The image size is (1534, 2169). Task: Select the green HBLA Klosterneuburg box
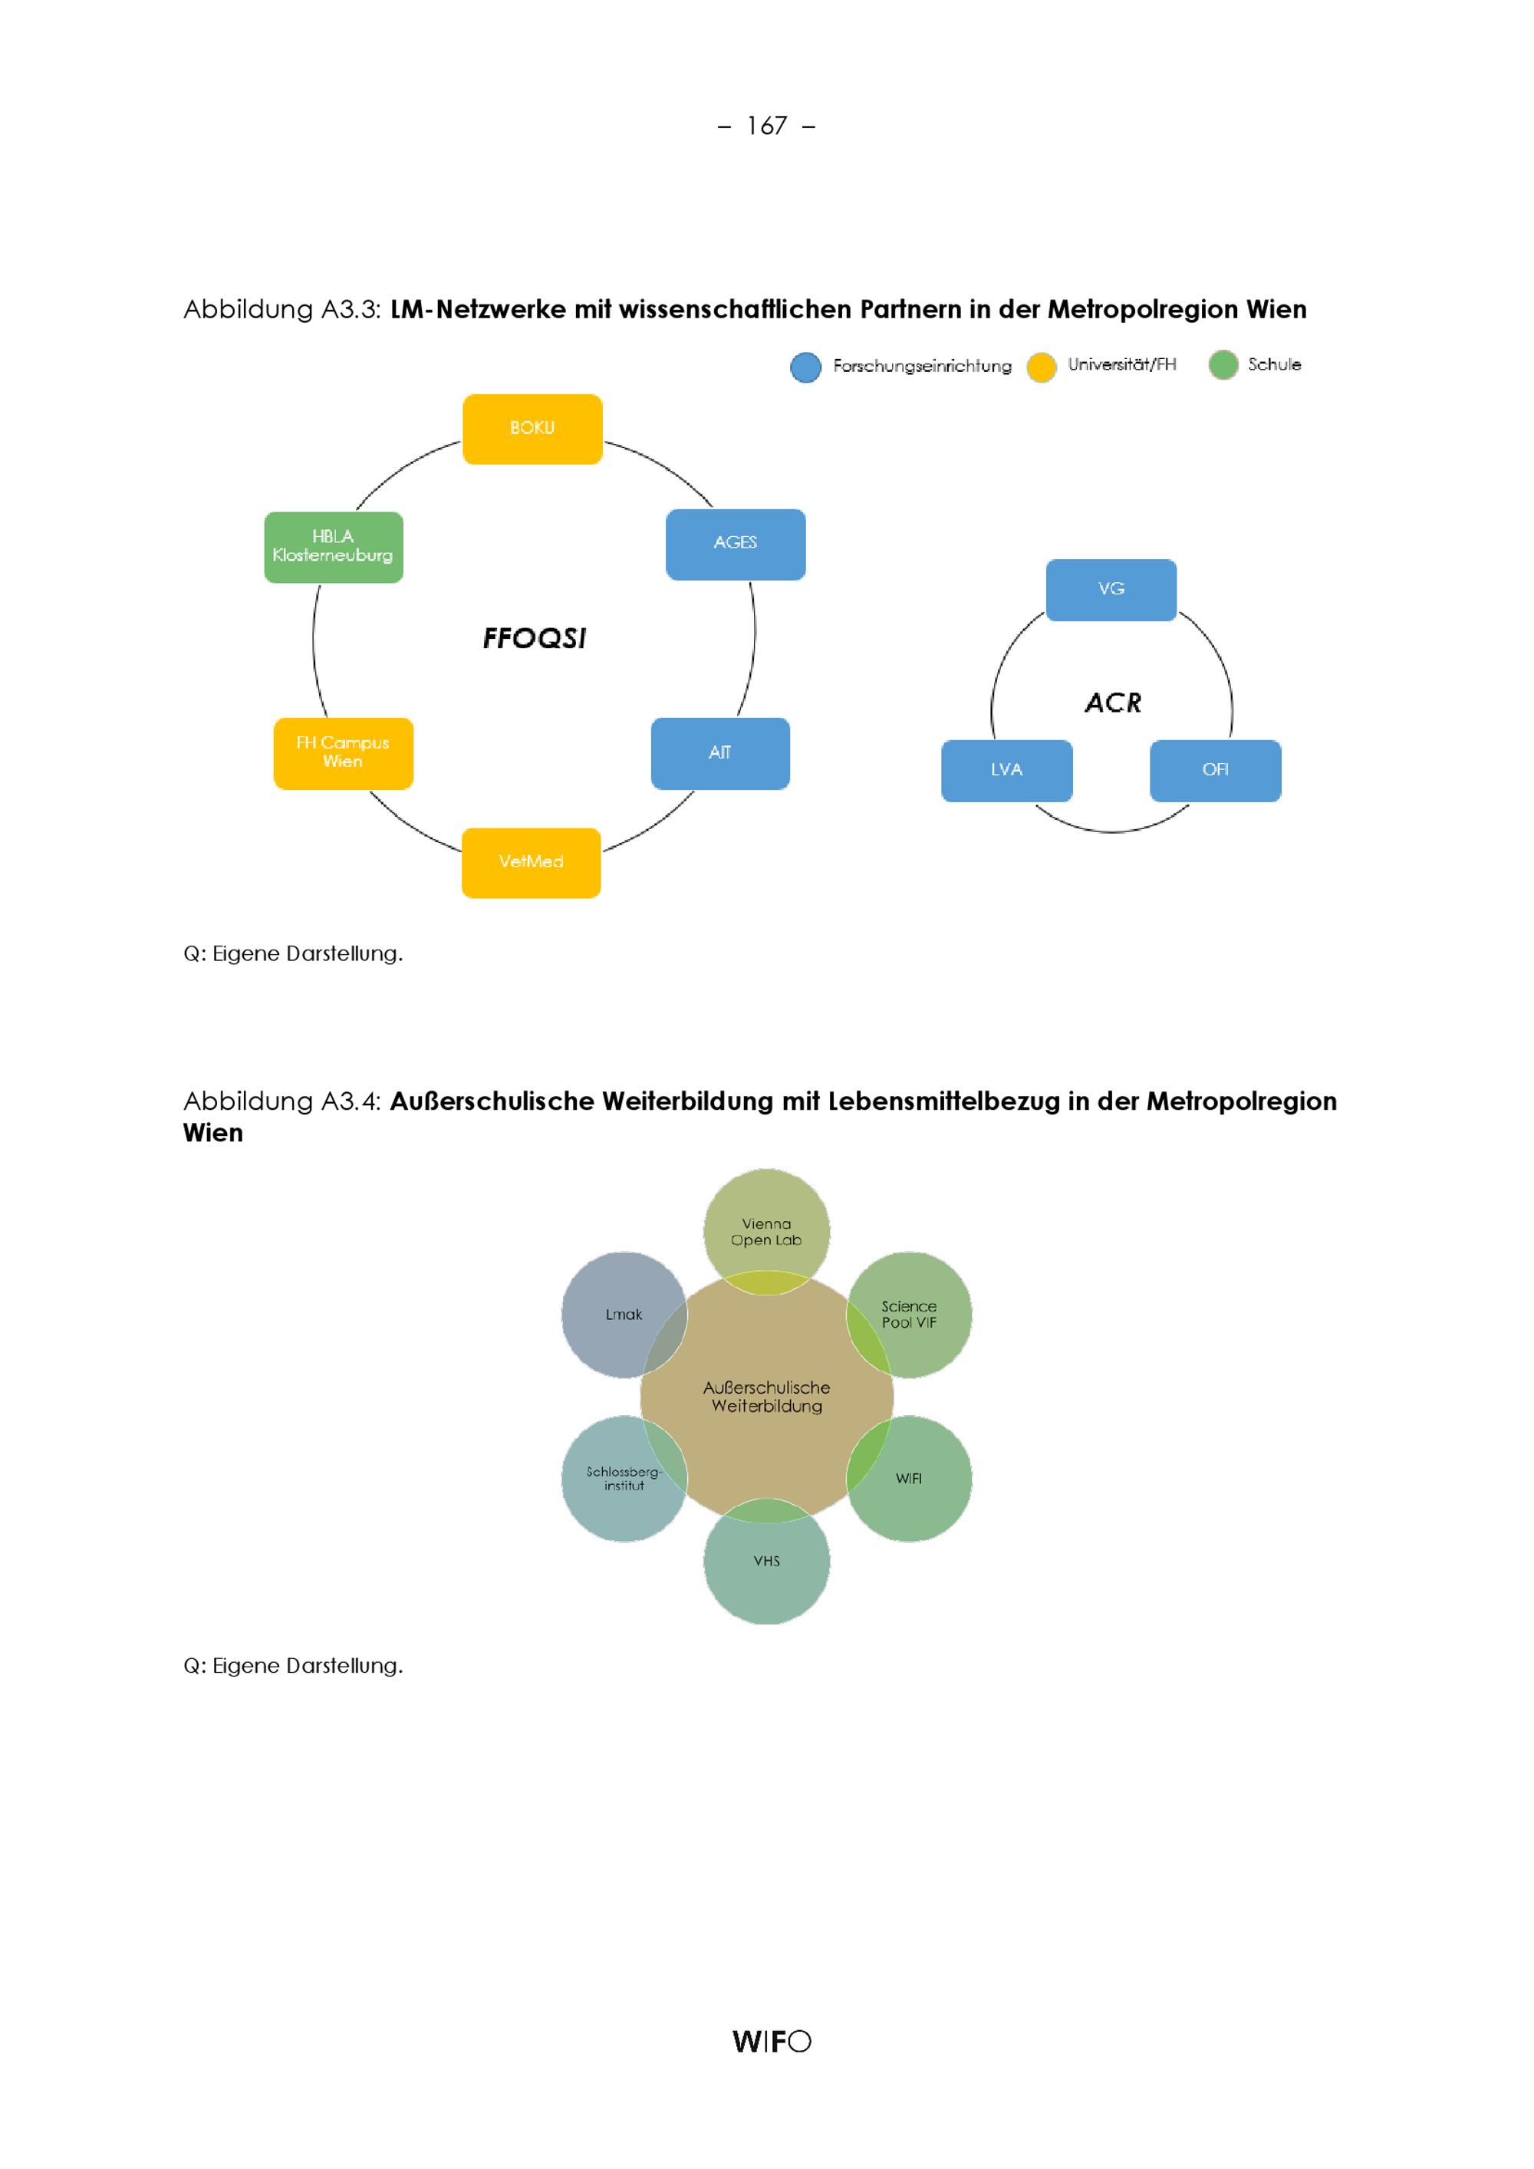click(x=334, y=547)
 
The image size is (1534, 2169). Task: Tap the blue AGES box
click(x=736, y=544)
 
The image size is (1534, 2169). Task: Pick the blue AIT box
click(x=719, y=753)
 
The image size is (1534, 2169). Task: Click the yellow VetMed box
click(x=531, y=863)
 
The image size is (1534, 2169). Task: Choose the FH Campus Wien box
click(x=343, y=753)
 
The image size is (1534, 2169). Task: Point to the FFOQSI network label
click(x=535, y=639)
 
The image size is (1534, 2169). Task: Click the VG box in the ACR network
click(x=1111, y=590)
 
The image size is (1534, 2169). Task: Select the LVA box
click(x=1007, y=770)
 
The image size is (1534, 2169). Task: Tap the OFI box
click(x=1216, y=770)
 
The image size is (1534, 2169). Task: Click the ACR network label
click(x=1113, y=703)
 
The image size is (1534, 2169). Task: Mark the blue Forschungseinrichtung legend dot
click(x=805, y=367)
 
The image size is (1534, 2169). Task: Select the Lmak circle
click(x=624, y=1315)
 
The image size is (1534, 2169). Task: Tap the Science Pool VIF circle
click(x=909, y=1315)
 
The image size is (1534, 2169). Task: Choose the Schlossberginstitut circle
click(x=624, y=1479)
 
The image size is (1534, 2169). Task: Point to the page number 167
click(x=767, y=126)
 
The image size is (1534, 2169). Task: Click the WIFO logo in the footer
click(x=772, y=2042)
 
